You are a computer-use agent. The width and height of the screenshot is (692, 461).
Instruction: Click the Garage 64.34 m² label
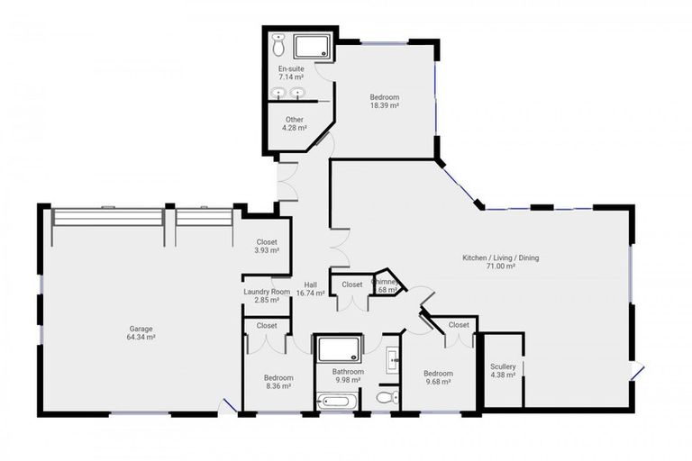pyautogui.click(x=141, y=334)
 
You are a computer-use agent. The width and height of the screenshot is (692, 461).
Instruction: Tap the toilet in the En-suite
pyautogui.click(x=279, y=44)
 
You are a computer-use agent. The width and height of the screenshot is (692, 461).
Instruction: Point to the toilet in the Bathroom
pyautogui.click(x=387, y=397)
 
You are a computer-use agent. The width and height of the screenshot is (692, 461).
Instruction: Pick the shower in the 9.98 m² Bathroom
pyautogui.click(x=337, y=348)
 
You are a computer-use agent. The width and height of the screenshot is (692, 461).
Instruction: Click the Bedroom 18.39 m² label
pyautogui.click(x=384, y=101)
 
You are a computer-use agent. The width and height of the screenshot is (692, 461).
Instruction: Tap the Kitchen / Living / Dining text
pyautogui.click(x=501, y=262)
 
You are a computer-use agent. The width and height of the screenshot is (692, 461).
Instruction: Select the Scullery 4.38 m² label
pyautogui.click(x=503, y=371)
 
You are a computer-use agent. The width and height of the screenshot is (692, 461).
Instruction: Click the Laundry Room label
pyautogui.click(x=267, y=295)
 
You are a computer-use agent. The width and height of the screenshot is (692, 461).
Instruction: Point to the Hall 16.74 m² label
pyautogui.click(x=310, y=289)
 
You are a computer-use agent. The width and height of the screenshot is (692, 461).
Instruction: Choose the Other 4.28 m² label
pyautogui.click(x=295, y=123)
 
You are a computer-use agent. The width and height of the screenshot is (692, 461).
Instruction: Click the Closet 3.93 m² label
pyautogui.click(x=267, y=246)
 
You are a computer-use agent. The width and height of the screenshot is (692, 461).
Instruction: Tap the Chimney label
pyautogui.click(x=387, y=285)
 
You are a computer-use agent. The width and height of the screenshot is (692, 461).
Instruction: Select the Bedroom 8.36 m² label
pyautogui.click(x=278, y=382)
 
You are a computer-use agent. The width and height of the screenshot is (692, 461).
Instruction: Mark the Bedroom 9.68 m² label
pyautogui.click(x=439, y=377)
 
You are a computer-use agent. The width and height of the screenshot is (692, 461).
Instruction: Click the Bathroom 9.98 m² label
pyautogui.click(x=348, y=375)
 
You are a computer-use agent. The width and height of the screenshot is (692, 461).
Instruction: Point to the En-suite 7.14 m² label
pyautogui.click(x=291, y=71)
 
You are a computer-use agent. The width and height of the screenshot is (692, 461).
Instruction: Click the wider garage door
pyautogui.click(x=108, y=217)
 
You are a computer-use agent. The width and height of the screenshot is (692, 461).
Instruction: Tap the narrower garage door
pyautogui.click(x=204, y=217)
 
